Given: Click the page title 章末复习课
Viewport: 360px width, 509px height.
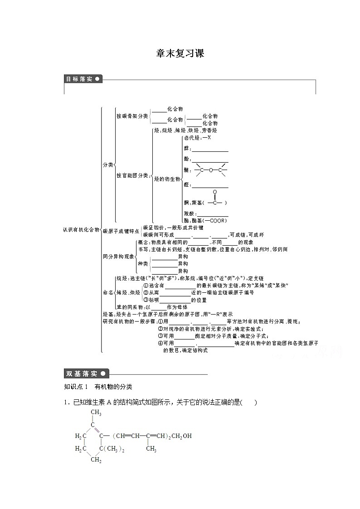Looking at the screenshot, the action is [180, 53].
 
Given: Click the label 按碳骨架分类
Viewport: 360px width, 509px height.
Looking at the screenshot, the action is [132, 116].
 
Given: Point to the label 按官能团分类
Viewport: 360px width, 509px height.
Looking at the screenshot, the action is [132, 175].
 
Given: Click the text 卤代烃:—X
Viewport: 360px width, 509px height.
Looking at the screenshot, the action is [197, 137].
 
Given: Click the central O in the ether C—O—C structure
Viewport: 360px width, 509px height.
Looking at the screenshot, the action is [210, 170].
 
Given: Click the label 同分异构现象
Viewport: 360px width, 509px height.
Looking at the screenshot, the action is [118, 257].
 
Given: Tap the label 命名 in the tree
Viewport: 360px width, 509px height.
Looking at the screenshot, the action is [107, 293].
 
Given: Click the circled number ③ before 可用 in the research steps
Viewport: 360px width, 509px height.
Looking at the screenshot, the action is [160, 336].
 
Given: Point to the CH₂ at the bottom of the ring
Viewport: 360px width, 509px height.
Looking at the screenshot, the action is [96, 460].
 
